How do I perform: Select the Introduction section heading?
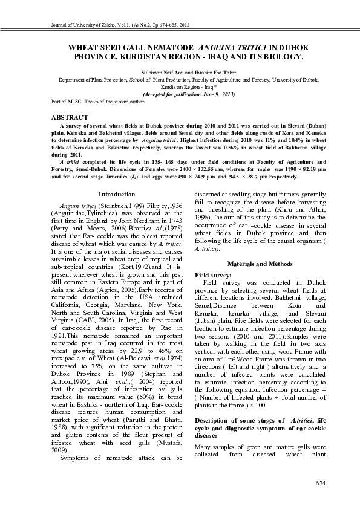[x=116, y=194]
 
